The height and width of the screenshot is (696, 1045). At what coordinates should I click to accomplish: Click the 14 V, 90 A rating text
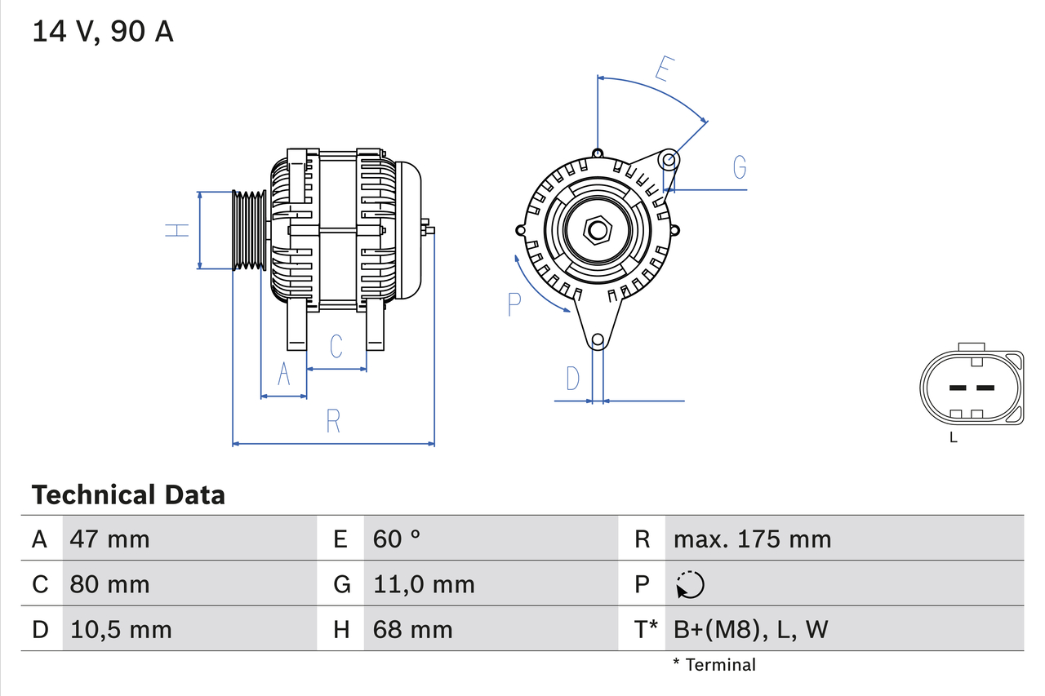tap(103, 32)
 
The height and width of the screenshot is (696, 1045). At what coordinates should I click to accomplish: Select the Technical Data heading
tap(128, 494)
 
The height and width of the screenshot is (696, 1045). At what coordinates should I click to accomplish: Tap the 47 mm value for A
tap(109, 539)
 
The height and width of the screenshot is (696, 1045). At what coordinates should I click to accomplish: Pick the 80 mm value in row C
tap(109, 584)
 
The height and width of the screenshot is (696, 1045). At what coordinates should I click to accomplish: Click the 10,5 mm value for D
tap(121, 629)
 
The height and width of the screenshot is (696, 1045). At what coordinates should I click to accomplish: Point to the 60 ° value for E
tap(397, 539)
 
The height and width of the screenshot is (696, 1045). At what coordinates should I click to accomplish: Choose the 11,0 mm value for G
tap(423, 584)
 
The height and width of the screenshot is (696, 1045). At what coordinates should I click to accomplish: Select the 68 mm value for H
tap(412, 629)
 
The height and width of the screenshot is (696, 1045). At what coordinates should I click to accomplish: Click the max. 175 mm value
tap(752, 539)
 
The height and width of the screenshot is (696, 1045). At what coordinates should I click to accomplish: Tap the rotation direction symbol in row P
tap(690, 584)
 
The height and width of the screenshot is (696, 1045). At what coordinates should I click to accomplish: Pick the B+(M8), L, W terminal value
tap(751, 629)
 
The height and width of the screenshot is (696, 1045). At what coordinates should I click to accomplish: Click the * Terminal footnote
tap(714, 665)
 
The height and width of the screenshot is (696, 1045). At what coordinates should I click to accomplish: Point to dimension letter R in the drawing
tap(333, 422)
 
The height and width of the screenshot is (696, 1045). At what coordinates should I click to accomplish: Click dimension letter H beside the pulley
tap(177, 230)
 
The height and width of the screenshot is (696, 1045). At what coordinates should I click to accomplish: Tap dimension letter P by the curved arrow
tap(514, 304)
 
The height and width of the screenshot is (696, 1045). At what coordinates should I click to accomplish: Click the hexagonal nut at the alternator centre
tap(598, 230)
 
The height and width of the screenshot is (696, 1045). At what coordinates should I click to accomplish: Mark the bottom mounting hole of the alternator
tap(598, 339)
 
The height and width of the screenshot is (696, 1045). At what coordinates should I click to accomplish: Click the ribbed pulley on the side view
tap(249, 231)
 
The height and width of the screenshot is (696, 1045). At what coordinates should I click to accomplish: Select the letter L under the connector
tap(953, 438)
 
